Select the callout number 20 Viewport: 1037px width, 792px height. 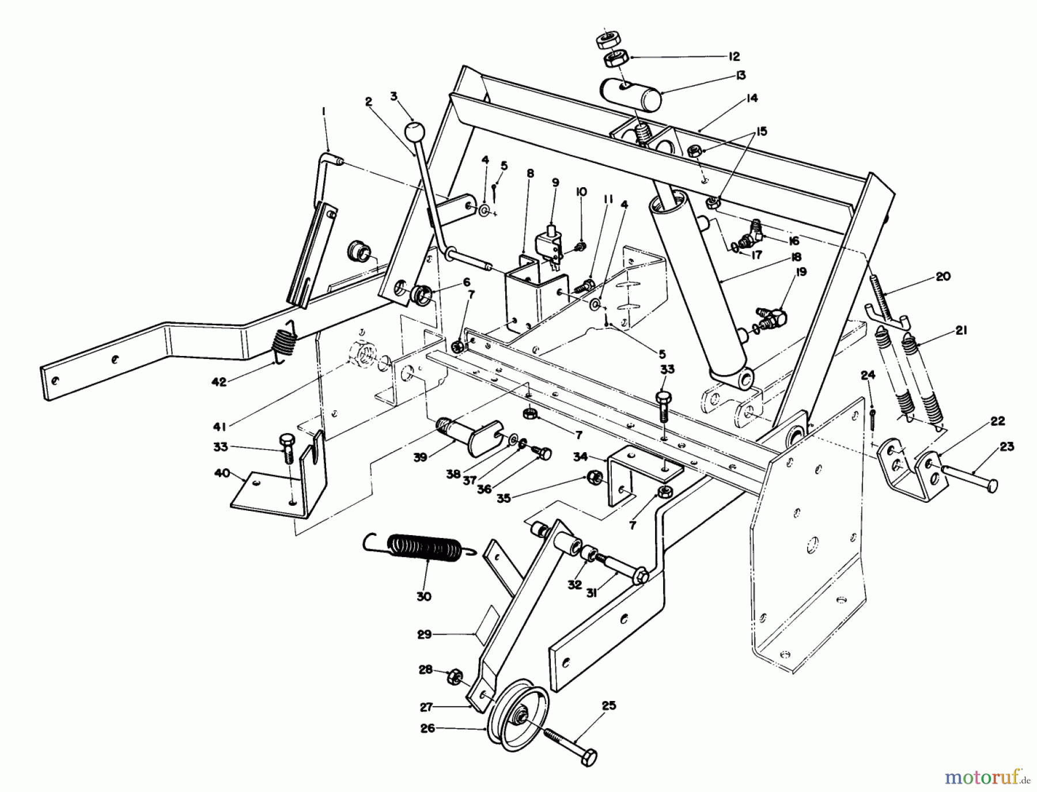[943, 276]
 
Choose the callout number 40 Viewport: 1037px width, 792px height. [222, 473]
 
